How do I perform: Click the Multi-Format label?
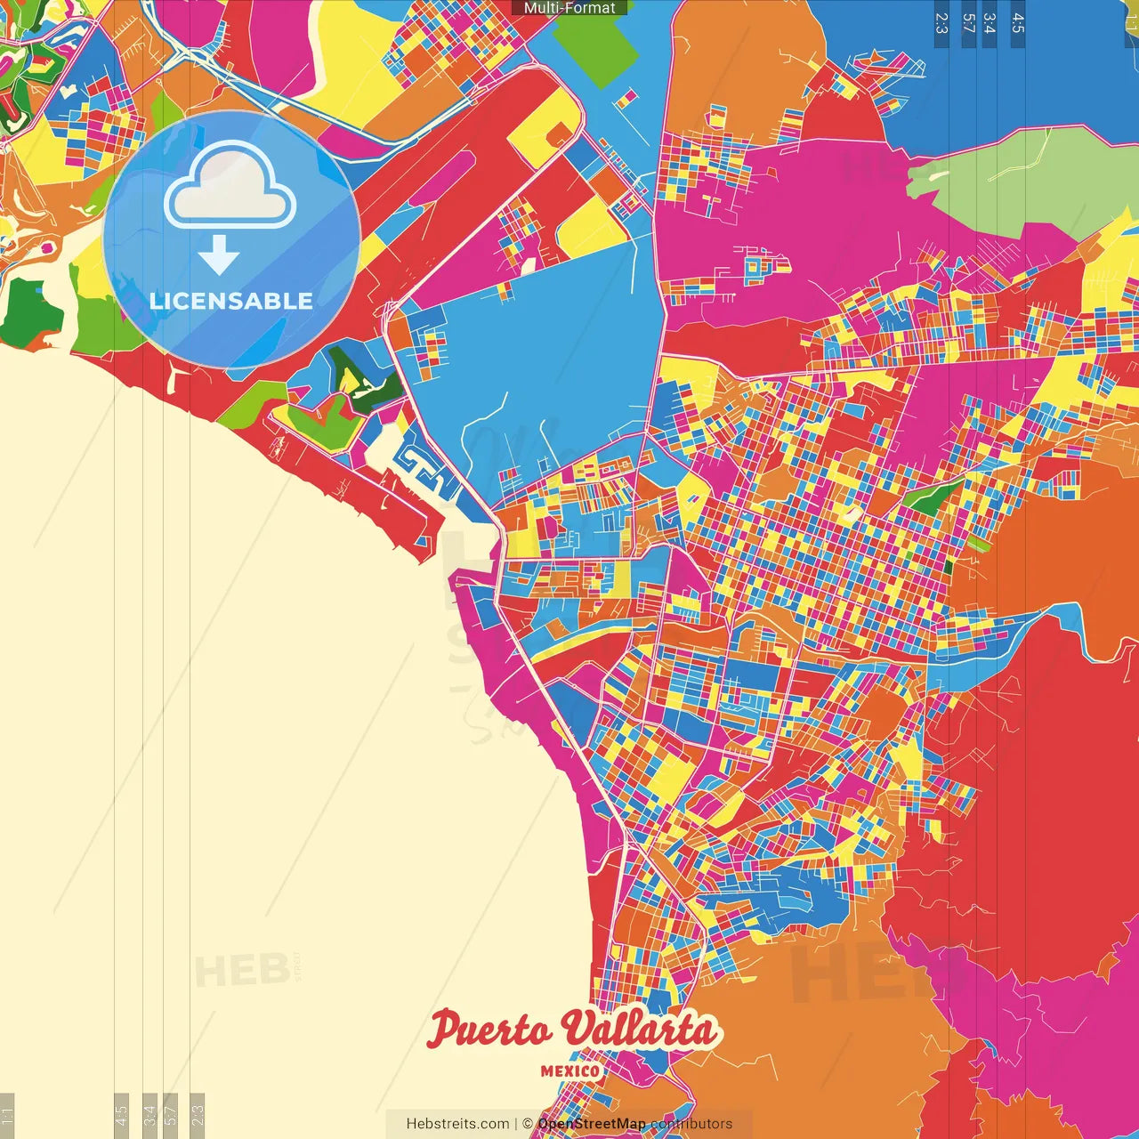click(x=569, y=8)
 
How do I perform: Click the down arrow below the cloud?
click(x=219, y=254)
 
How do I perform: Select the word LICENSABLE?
click(x=231, y=301)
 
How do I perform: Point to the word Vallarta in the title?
click(x=640, y=1030)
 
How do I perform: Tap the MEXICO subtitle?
click(x=570, y=1070)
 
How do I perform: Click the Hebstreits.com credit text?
click(x=457, y=1124)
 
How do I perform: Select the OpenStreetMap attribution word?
click(x=592, y=1124)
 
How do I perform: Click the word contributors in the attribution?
click(x=691, y=1124)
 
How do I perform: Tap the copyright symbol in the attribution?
click(x=527, y=1124)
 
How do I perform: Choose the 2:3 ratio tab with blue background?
click(x=941, y=22)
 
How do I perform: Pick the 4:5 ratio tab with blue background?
click(x=1018, y=22)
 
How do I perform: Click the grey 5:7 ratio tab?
click(x=171, y=1114)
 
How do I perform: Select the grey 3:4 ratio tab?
click(x=149, y=1114)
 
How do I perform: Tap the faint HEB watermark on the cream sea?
click(x=242, y=970)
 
